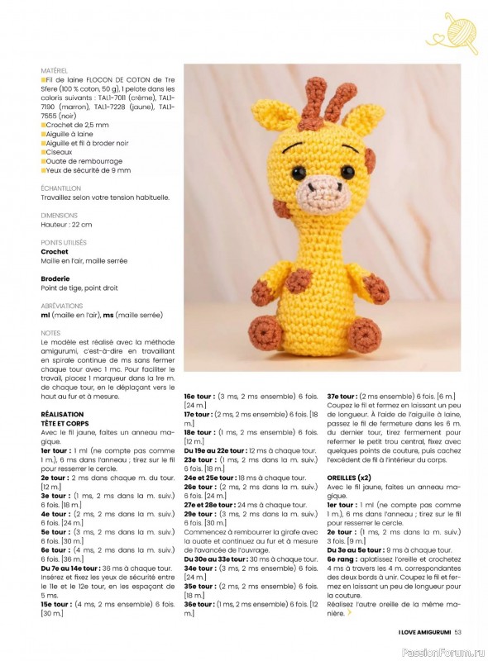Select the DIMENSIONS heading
[59, 215]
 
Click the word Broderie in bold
[55, 278]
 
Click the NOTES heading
[50, 333]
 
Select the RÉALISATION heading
[62, 413]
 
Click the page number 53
[458, 633]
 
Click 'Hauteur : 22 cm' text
[66, 225]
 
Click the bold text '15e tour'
[56, 604]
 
